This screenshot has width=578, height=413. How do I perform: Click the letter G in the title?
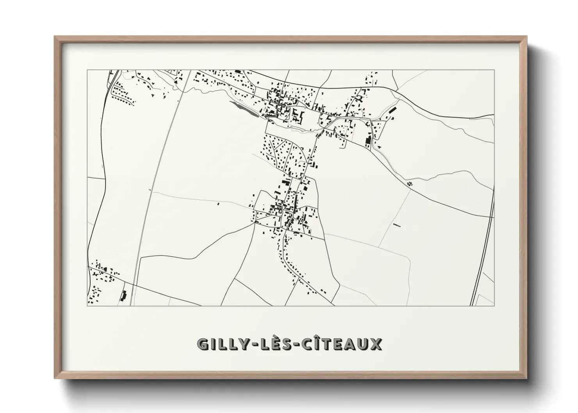[x=204, y=344]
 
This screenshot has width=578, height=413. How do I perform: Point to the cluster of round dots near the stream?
[x=410, y=182]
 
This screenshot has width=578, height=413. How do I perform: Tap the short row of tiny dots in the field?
[x=397, y=225]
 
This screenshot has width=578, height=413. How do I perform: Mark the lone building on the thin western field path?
[x=218, y=203]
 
